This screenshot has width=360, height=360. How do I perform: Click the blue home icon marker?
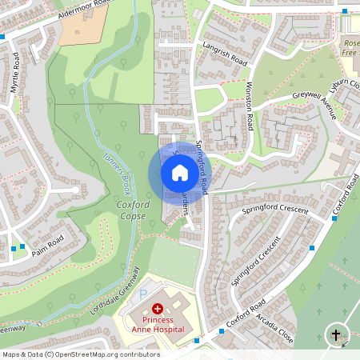[179, 173]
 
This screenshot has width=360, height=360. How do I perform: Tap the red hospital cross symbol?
[158, 308]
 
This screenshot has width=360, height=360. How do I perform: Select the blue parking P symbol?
[144, 294]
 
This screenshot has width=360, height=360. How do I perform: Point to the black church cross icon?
[336, 335]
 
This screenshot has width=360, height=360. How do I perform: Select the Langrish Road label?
[228, 54]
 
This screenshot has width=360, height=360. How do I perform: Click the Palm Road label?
[48, 244]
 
